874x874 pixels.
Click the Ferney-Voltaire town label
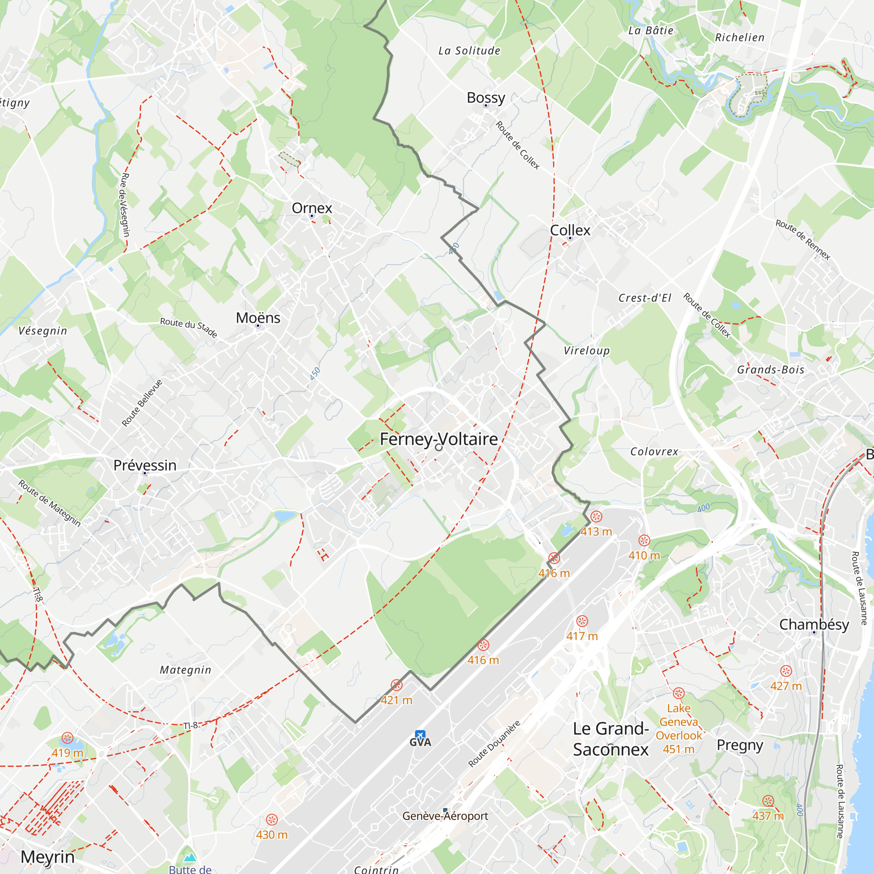point(438,439)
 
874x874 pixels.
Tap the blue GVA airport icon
point(420,735)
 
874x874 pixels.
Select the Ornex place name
point(312,208)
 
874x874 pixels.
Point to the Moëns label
point(258,318)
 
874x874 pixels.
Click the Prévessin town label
point(145,465)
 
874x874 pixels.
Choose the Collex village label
point(570,230)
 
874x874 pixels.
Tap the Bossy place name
point(486,98)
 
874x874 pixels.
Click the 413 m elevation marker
point(596,531)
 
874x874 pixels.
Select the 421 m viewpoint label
point(396,700)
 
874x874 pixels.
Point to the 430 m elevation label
point(271,835)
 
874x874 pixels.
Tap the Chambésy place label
point(814,625)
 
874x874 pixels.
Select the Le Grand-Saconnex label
point(611,739)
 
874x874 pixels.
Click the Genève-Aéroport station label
point(445,815)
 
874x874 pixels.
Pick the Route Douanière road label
point(494,744)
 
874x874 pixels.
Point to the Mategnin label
point(185,670)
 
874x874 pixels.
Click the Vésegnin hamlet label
point(42,331)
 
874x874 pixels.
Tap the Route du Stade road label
point(189,327)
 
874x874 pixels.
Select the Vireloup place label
point(586,350)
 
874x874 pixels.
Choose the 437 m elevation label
point(768,815)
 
